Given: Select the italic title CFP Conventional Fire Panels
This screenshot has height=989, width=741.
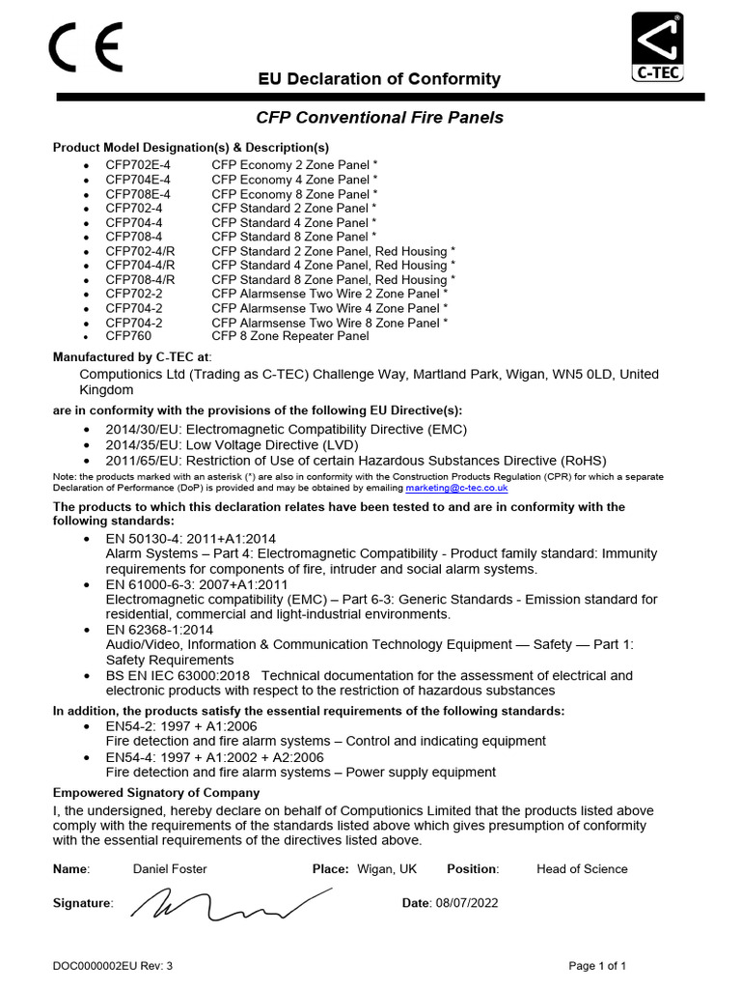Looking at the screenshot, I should point(379,118).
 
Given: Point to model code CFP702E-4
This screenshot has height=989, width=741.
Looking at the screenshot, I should point(138,165).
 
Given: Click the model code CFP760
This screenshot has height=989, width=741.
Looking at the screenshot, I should point(128,336).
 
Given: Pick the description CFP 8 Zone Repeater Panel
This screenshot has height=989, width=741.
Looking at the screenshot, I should point(289,336).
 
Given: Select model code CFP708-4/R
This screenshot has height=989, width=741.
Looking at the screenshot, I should point(141,279).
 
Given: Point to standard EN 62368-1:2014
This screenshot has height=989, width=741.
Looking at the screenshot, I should point(159,629).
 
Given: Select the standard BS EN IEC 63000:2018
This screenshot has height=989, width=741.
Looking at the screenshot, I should point(178,675).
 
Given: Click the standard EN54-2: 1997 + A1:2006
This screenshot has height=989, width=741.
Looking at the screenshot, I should point(181,725).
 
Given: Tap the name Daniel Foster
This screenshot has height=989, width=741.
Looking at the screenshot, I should point(170,868).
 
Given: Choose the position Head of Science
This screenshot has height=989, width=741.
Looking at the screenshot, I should point(582,868).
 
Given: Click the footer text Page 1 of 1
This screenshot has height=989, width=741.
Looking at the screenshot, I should point(597,965).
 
